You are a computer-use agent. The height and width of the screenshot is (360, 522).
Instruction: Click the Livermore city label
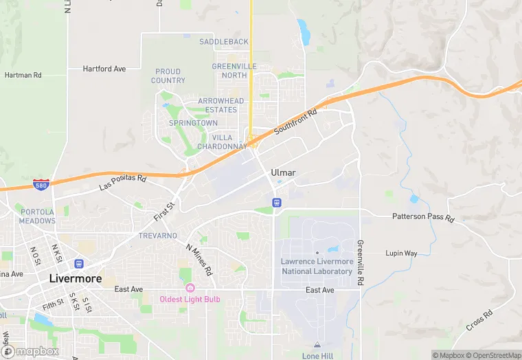(x=75, y=279)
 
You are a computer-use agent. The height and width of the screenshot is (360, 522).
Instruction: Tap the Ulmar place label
(x=283, y=172)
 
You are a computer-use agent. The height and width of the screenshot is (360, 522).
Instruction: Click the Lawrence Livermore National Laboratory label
(x=317, y=266)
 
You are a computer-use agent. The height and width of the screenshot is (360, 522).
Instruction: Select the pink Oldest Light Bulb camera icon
(x=190, y=287)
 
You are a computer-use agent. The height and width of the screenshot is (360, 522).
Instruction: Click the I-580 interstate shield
(x=41, y=185)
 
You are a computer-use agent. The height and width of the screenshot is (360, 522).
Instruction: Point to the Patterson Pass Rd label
(x=423, y=217)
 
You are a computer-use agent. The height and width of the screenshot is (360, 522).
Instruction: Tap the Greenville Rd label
(x=360, y=262)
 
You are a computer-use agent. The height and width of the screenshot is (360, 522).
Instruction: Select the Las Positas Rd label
(x=123, y=183)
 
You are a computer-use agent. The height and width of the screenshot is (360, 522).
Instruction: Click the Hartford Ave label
(x=104, y=69)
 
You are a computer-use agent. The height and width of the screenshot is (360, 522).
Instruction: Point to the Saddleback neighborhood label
(x=224, y=42)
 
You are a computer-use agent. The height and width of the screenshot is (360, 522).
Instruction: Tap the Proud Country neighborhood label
(x=168, y=76)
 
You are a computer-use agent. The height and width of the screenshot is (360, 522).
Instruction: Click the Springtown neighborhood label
(x=193, y=123)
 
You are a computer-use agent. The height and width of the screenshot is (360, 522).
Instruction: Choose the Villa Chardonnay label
(x=222, y=142)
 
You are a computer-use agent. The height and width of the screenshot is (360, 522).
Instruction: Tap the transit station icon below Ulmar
(x=276, y=202)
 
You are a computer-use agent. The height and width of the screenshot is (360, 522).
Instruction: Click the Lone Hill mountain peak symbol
(x=317, y=345)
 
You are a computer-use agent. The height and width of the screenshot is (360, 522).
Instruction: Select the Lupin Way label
(x=401, y=254)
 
